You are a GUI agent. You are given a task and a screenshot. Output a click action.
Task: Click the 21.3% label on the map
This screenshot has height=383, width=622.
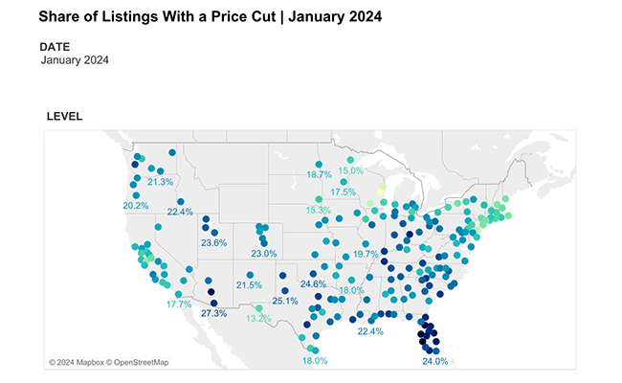coord(160,182)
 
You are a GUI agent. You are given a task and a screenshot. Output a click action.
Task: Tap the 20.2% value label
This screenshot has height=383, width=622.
coord(136,206)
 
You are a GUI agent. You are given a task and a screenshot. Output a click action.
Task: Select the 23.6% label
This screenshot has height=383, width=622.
coord(213,243)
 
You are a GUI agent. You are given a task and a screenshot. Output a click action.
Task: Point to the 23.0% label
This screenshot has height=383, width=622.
coord(263,254)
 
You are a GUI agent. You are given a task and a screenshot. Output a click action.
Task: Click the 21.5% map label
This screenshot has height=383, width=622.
coord(249,285)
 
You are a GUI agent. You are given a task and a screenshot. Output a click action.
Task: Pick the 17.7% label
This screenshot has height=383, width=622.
coord(179,304)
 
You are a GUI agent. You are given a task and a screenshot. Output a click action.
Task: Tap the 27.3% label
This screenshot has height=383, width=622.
coord(213,313)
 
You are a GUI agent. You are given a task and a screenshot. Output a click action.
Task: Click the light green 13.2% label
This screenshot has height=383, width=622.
coord(258,319)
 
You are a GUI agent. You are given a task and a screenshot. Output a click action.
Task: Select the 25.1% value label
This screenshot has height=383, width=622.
coord(285,301)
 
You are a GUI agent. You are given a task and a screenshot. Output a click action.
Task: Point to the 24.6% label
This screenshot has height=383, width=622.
coord(313,284)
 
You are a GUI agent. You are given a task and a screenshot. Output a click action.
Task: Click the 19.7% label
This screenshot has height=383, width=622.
coord(366,255)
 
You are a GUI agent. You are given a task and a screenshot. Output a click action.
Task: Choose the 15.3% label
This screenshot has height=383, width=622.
coord(319,210)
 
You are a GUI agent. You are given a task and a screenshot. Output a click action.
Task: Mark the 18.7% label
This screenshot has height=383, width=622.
coord(319,175)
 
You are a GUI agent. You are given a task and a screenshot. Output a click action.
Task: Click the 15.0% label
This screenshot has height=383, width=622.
coord(351,170)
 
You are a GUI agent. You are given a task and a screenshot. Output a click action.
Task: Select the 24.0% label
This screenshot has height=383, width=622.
coord(434,362)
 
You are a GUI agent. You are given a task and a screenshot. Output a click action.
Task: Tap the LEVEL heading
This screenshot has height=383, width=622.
coord(64,117)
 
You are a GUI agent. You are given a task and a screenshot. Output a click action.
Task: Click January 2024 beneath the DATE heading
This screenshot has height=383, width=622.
coord(76,60)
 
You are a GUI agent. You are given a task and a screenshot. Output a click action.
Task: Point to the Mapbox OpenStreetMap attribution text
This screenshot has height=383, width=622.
coord(108,362)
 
